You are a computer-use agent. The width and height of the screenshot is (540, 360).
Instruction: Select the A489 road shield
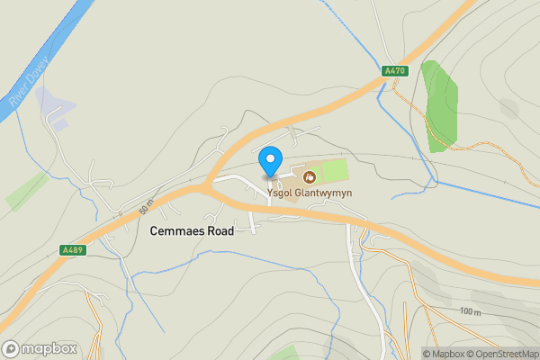pyautogui.click(x=74, y=250)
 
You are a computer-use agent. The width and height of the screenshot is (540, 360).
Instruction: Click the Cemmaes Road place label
pyautogui.click(x=192, y=231)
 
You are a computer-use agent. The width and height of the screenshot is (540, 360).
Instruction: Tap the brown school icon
pyautogui.click(x=310, y=176)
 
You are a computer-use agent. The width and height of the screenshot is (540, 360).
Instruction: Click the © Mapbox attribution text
pyautogui.click(x=443, y=353)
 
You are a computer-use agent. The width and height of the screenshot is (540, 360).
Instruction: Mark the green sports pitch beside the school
pyautogui.click(x=333, y=169)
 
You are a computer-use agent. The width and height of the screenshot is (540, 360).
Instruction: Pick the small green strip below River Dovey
pyautogui.click(x=27, y=190)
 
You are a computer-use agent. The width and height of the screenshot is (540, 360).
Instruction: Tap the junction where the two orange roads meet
pyautogui.click(x=208, y=185)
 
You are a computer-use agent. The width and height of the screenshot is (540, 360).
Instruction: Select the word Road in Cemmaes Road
pyautogui.click(x=219, y=231)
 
